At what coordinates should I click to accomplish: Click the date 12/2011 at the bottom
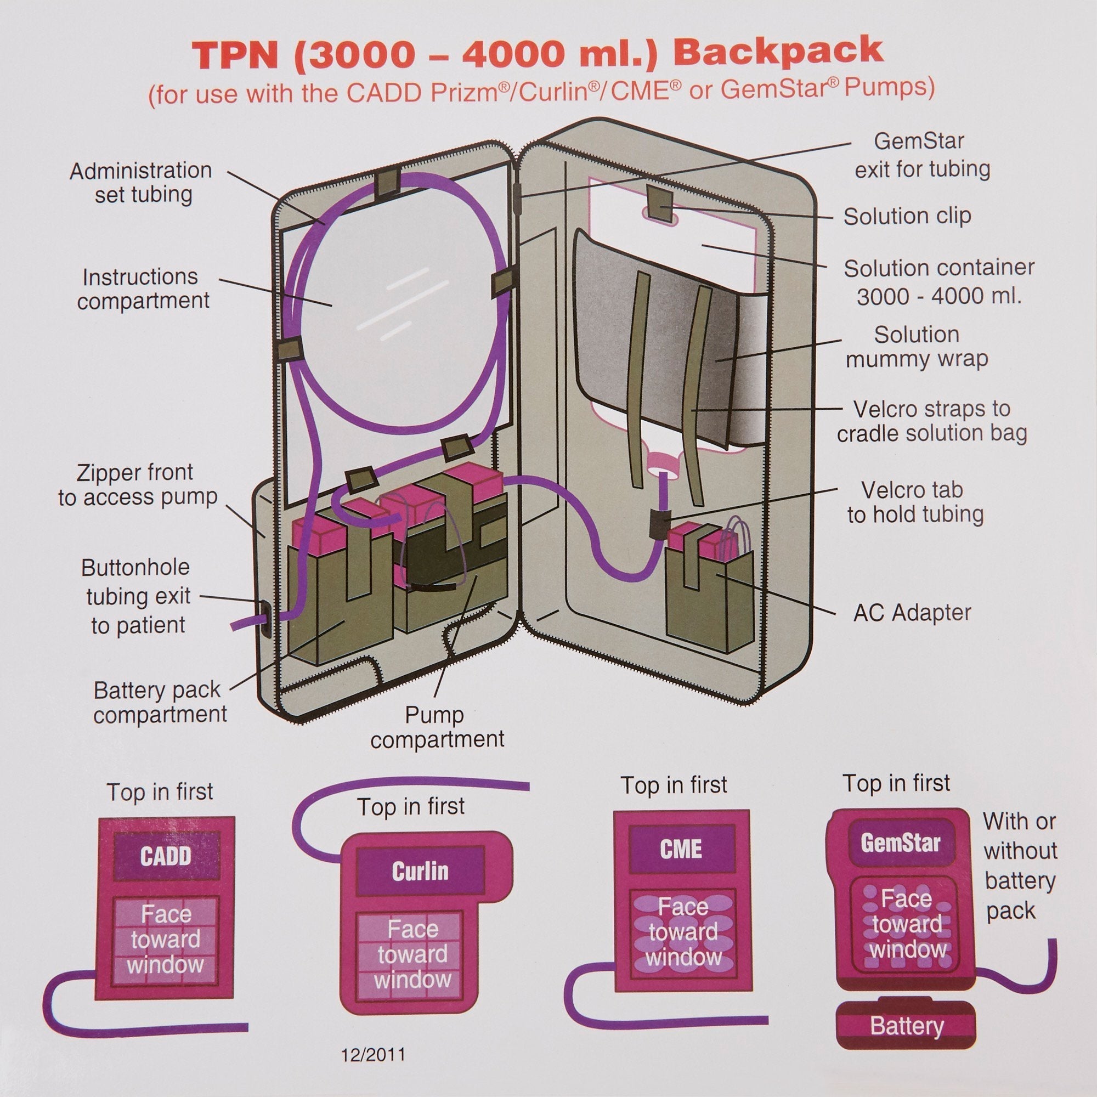pos(373,1055)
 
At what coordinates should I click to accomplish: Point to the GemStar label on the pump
pos(901,842)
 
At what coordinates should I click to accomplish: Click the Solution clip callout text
pos(907,216)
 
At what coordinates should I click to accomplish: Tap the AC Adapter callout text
pos(913,613)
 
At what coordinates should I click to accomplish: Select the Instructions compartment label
pos(143,289)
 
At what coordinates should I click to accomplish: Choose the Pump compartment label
pos(437,727)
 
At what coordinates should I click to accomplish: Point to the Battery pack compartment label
pos(160,703)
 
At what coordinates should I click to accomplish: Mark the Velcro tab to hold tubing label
pos(915,502)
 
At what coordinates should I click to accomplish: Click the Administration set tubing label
pos(141,182)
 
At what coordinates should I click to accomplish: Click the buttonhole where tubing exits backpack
pos(264,619)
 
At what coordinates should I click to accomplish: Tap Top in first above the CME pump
pos(674,785)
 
